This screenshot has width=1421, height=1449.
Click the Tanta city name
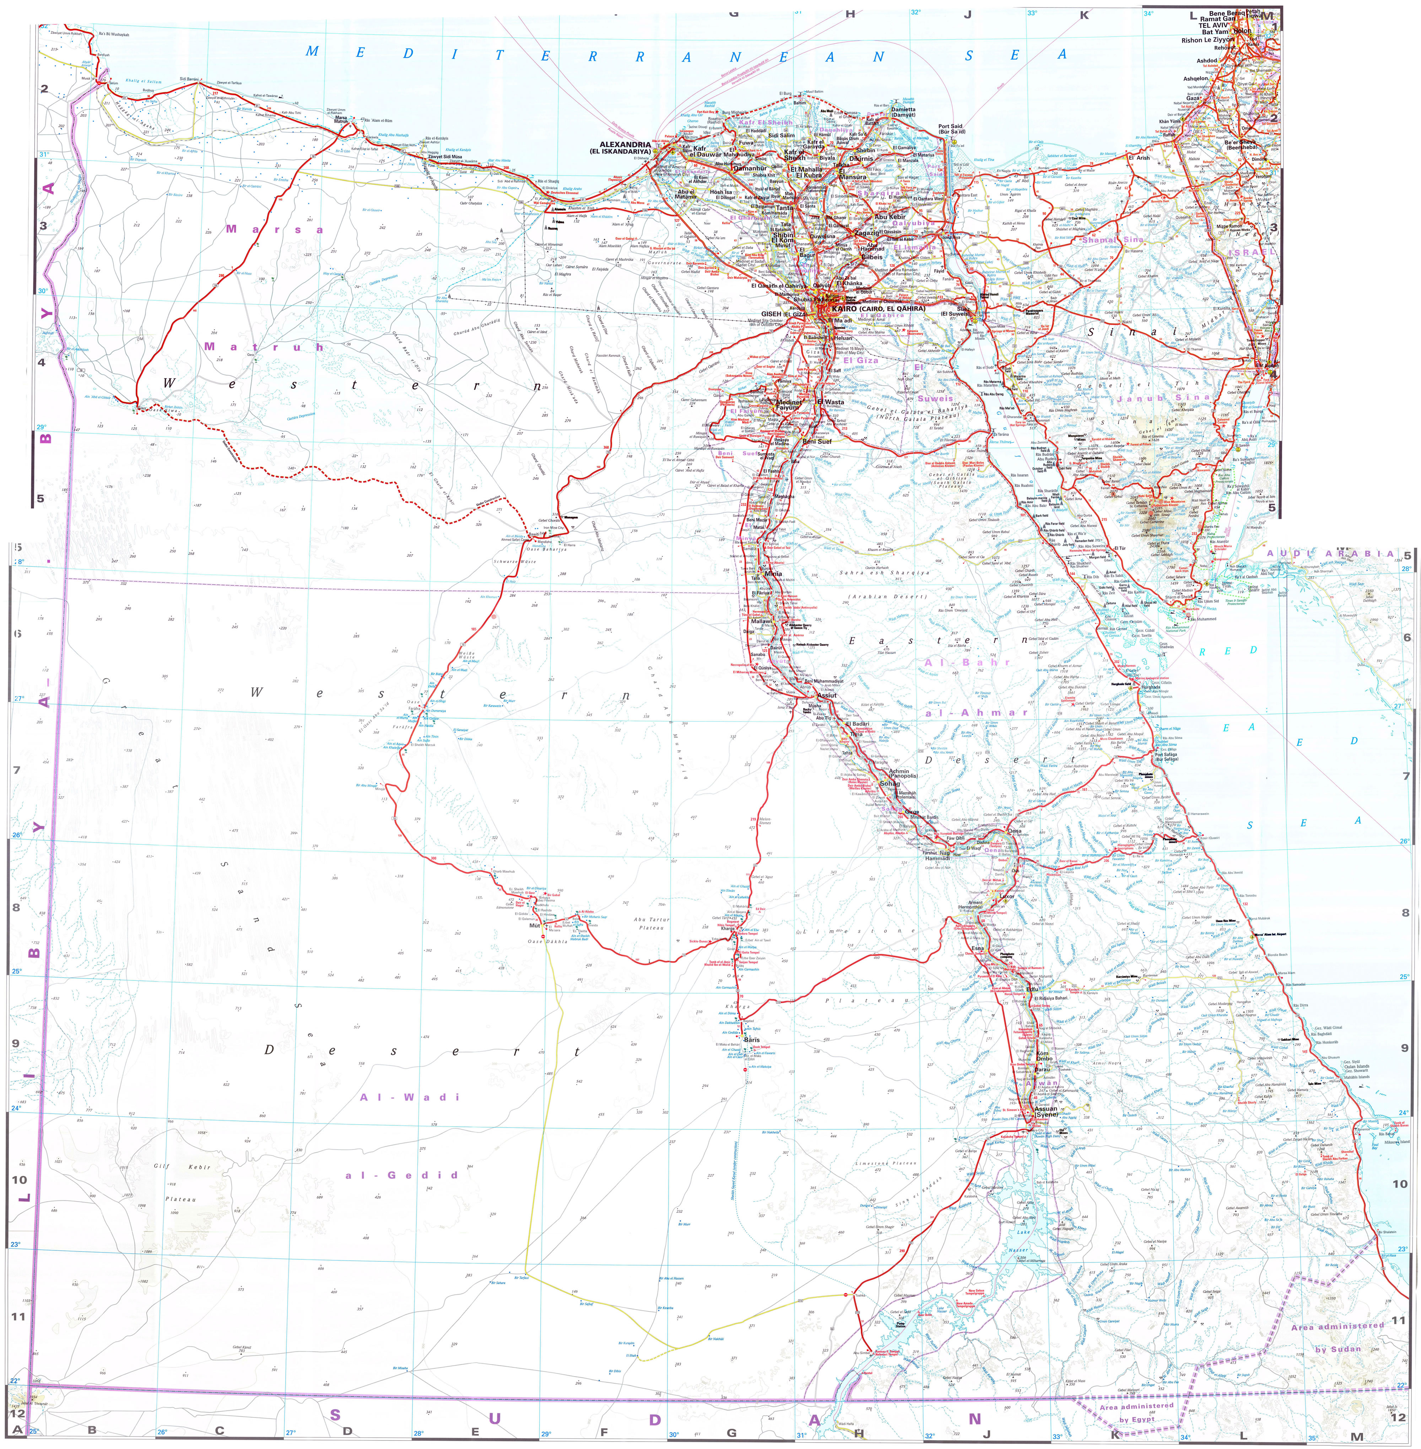(784, 208)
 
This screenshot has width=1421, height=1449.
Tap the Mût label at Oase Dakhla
(534, 925)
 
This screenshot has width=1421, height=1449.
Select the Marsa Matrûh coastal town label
(340, 119)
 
